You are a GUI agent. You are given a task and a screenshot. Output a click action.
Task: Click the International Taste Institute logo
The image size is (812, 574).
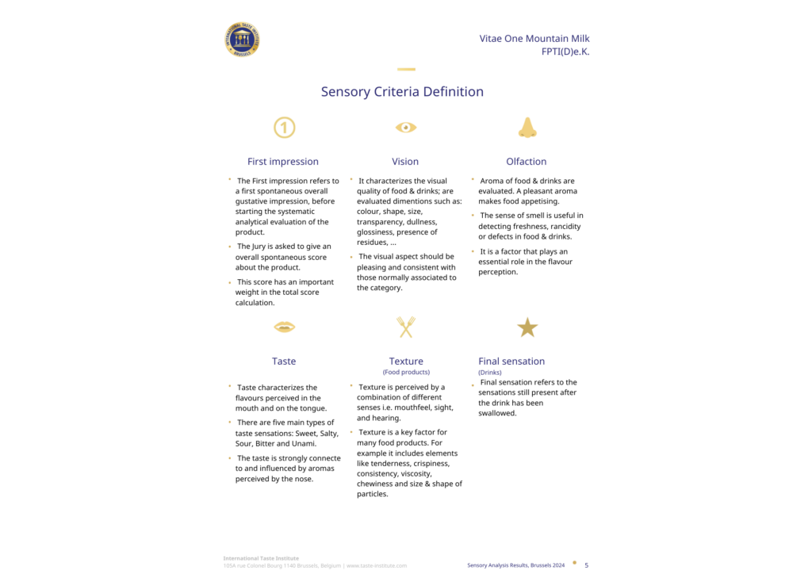tap(243, 40)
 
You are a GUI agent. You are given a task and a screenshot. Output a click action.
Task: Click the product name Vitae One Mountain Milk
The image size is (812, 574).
tap(534, 38)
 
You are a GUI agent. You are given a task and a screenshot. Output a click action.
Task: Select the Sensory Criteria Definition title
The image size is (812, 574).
tap(402, 92)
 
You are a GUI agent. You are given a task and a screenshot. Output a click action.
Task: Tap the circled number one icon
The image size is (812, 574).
tap(284, 127)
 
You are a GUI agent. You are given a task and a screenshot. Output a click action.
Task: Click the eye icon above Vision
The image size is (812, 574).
tap(406, 127)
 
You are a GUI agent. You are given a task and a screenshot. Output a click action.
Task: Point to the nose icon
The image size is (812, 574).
tap(527, 127)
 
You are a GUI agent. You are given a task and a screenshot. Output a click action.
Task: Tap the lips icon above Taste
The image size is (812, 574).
tap(284, 327)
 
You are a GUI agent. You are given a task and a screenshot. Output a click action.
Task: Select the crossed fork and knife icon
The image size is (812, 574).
tap(406, 327)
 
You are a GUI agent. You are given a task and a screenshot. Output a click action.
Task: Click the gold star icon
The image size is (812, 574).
tap(527, 327)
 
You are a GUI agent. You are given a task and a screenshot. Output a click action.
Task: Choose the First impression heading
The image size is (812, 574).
tap(283, 162)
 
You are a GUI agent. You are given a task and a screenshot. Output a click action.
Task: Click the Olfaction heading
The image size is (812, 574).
tap(527, 162)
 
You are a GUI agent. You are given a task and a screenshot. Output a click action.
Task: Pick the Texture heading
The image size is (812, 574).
tap(406, 362)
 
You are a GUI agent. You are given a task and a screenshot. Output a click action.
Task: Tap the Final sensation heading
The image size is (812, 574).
tap(511, 362)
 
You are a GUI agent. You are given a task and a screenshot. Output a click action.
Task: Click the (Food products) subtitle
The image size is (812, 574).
tap(406, 372)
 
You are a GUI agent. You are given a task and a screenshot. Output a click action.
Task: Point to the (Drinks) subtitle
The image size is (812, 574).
tap(490, 372)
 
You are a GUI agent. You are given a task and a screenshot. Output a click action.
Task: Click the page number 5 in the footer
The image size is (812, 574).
tap(586, 565)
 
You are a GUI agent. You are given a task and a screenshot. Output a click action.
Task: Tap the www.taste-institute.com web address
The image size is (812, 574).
tap(377, 565)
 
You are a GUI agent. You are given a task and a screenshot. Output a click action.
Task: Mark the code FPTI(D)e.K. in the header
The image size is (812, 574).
tap(565, 52)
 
